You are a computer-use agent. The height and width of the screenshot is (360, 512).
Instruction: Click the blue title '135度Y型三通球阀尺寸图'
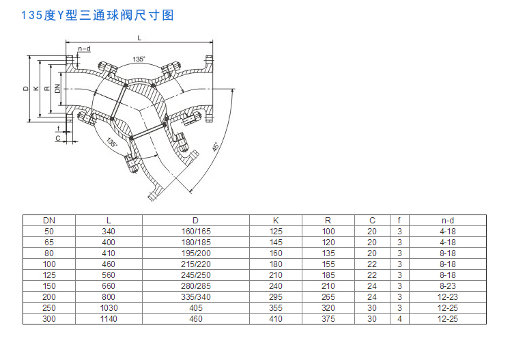(x=98, y=15)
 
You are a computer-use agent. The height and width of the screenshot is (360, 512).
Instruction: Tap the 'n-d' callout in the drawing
(x=84, y=49)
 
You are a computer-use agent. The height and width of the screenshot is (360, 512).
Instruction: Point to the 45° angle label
(x=215, y=147)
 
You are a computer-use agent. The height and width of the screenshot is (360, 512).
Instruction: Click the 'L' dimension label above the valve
(x=139, y=38)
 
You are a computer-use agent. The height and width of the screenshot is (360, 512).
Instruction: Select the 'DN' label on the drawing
(x=57, y=89)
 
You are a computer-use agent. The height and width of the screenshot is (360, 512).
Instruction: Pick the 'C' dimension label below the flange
(x=58, y=138)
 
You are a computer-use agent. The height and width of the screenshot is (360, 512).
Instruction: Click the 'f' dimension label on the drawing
(x=59, y=128)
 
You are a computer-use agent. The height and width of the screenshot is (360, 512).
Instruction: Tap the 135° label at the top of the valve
(x=139, y=59)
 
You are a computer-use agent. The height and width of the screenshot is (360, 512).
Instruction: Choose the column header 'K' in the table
(x=276, y=221)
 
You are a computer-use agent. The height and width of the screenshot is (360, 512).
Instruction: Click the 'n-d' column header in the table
(x=448, y=221)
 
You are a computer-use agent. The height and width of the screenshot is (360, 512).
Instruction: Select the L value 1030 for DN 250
(x=109, y=308)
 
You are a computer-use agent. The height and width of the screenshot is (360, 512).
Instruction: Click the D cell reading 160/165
(x=196, y=232)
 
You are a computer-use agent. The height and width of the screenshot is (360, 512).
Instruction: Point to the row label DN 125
(x=49, y=275)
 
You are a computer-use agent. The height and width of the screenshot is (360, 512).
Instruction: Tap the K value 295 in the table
(x=276, y=297)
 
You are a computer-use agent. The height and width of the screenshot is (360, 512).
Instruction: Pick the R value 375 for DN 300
(x=328, y=319)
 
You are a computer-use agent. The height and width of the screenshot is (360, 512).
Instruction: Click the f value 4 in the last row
(x=399, y=319)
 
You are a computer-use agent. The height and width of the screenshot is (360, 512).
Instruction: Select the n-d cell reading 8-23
(x=448, y=286)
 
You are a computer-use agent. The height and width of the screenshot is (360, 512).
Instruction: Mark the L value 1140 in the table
(x=109, y=319)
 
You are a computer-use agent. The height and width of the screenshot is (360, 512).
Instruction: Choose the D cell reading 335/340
(x=196, y=297)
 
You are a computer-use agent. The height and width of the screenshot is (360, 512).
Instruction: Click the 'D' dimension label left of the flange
(x=26, y=89)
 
